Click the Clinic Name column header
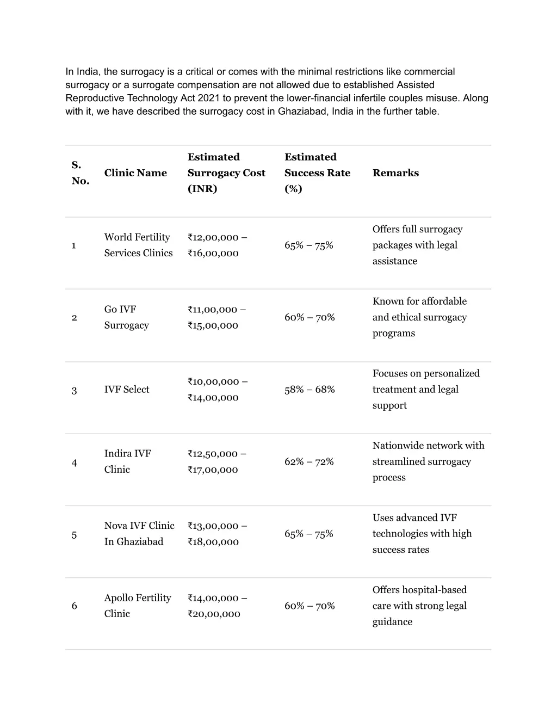pos(135,173)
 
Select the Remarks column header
pos(395,173)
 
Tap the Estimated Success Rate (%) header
pos(317,173)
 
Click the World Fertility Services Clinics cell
pos(138,245)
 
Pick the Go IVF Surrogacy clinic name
pos(126,317)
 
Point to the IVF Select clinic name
pos(127,390)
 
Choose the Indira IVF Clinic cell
pos(127,461)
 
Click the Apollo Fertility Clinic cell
pos(138,606)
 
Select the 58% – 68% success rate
pos(310,390)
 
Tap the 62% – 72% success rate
pos(309,462)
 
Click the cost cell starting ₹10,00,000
pos(217,390)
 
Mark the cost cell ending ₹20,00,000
pos(217,606)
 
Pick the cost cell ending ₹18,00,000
pos(217,534)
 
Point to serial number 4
pos(74,463)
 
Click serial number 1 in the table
pos(73,245)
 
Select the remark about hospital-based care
pos(419,606)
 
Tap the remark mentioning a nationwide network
pos(428,461)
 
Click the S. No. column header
pos(80,173)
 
